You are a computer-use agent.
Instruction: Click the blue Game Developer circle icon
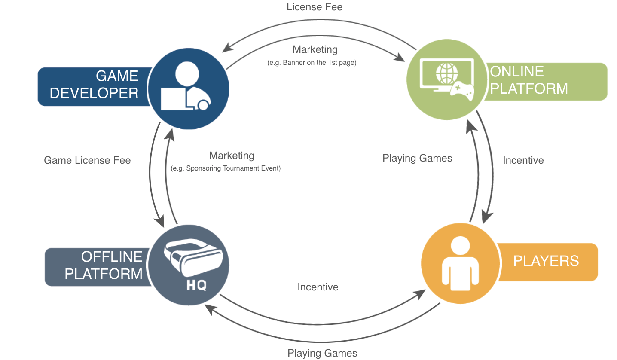(189, 88)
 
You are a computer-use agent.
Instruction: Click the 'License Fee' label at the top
(314, 7)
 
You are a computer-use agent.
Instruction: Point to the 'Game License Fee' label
(87, 160)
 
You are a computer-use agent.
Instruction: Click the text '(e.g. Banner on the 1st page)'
(312, 62)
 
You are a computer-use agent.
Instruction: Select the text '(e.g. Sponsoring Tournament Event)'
(226, 168)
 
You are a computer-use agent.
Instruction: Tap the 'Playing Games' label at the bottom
(322, 353)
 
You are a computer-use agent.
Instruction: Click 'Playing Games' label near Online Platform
(417, 158)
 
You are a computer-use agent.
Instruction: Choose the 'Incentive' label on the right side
(523, 160)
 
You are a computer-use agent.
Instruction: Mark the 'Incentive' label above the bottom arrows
(318, 287)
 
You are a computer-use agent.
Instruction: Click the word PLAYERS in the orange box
(546, 261)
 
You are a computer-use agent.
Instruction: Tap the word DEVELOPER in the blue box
(94, 93)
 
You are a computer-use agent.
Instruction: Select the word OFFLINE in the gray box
(112, 256)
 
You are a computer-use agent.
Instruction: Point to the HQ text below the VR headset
(197, 285)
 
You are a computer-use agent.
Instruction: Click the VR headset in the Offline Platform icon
(192, 257)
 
